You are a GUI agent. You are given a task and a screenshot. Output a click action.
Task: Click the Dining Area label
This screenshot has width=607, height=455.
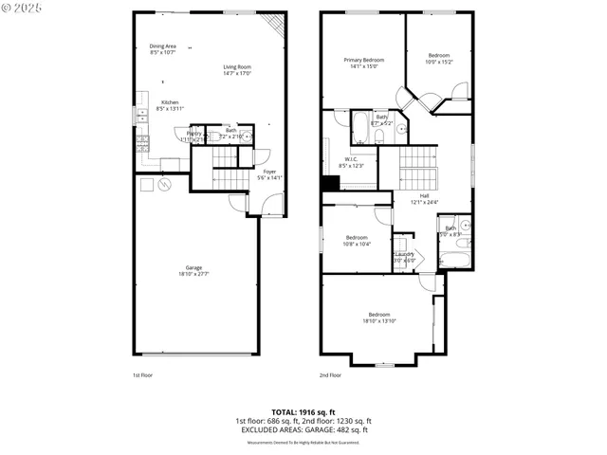(x=163, y=45)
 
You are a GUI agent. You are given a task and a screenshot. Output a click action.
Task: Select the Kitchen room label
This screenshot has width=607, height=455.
(x=170, y=102)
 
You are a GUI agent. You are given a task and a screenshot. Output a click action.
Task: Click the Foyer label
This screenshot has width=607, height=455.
(x=269, y=172)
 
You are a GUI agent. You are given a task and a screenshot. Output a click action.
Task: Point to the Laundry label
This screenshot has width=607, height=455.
(x=404, y=255)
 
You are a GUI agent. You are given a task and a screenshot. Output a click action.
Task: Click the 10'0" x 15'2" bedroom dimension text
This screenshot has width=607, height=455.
(x=439, y=62)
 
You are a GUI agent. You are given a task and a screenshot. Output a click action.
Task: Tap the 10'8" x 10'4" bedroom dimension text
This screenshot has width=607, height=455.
(x=357, y=244)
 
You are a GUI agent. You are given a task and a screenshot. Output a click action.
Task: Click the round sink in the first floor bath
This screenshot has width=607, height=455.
(x=248, y=137)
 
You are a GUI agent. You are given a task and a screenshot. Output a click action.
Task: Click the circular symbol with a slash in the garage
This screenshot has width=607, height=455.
(x=165, y=184)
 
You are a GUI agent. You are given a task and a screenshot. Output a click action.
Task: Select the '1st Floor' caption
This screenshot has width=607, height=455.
(x=143, y=375)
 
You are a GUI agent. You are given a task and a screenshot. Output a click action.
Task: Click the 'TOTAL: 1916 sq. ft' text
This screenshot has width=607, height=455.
(x=303, y=411)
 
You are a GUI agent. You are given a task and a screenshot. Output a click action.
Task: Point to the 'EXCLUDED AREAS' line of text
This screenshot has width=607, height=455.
(x=303, y=429)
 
